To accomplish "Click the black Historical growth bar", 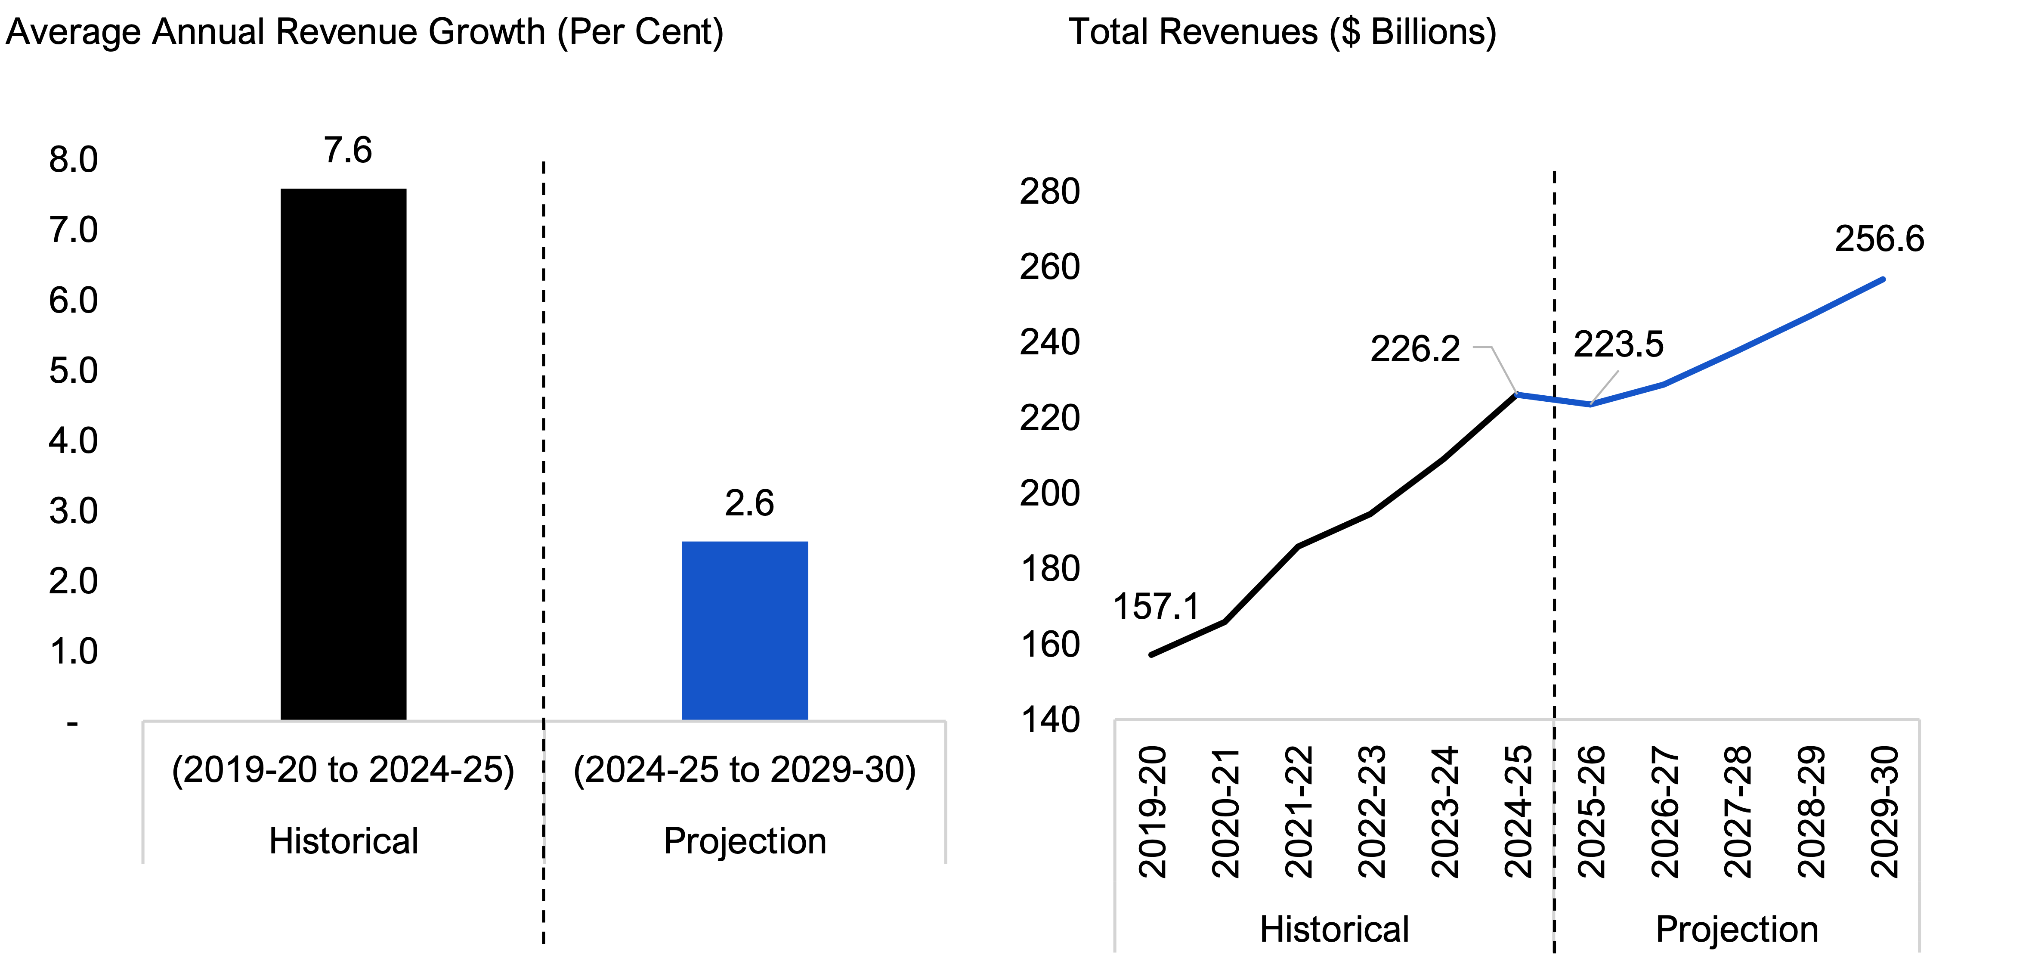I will tap(343, 454).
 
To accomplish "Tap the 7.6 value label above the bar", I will tap(348, 150).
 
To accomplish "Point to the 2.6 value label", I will tap(749, 503).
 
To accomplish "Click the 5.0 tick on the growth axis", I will tap(74, 371).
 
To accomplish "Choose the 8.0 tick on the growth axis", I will tap(74, 160).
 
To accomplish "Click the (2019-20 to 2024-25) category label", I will tap(343, 770).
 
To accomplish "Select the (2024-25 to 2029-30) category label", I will tap(744, 770).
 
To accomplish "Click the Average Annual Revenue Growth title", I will tap(364, 32).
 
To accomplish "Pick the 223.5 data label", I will tap(1618, 344).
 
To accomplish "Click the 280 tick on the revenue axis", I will tap(1049, 192).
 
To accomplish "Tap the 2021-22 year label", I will tap(1299, 812).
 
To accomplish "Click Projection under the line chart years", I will tap(1736, 930).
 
